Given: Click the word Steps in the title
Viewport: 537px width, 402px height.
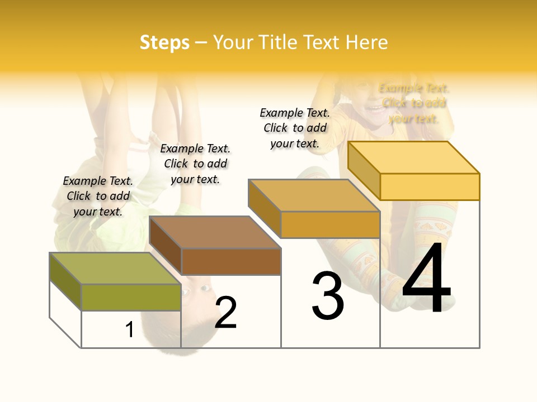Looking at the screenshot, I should point(164,42).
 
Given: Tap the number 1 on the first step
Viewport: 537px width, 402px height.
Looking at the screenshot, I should point(130,330).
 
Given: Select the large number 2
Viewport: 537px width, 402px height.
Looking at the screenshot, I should point(226,313).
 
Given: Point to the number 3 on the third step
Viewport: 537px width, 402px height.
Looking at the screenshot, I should point(328,296).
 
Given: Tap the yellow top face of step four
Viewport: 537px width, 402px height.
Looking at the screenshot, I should point(414,157).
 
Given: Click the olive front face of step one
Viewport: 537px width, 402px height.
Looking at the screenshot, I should point(131,297).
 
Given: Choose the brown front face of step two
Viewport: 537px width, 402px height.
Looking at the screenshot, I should point(231,261).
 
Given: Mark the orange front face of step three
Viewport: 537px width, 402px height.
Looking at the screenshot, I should point(330,224).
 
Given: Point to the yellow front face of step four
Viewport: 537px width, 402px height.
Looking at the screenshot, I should point(430,186).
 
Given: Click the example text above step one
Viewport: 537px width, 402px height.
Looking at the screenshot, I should point(98,196).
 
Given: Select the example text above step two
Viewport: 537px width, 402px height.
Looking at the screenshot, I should point(195,164).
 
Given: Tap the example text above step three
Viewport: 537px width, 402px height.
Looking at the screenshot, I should point(295,128).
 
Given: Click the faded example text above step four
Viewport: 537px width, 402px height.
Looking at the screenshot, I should point(414,103).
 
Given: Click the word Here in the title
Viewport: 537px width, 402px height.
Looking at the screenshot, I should point(367,42).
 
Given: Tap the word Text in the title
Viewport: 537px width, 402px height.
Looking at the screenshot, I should point(322,42).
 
